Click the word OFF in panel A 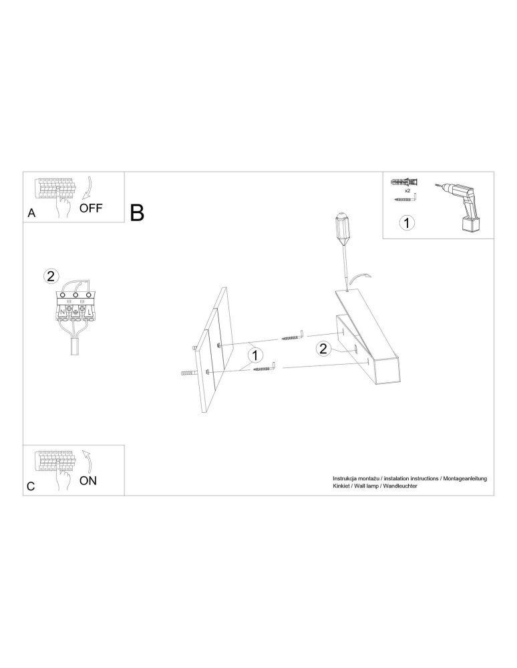point(91,208)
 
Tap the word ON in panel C point(88,480)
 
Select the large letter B point(138,212)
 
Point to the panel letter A point(31,214)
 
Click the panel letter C point(31,487)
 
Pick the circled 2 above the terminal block point(51,275)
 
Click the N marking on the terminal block point(63,311)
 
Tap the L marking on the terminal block point(90,311)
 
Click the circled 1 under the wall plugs point(407,223)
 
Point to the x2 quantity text point(407,190)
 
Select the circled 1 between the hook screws point(256,355)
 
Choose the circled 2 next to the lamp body point(323,348)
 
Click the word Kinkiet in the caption point(343,487)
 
